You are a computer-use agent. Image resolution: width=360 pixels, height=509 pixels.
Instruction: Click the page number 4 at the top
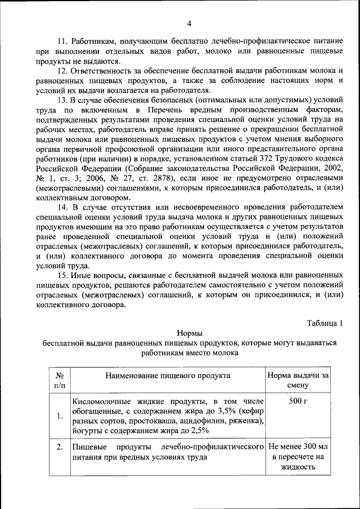click(189, 23)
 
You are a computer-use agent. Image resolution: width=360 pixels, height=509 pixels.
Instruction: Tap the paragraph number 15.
click(63, 275)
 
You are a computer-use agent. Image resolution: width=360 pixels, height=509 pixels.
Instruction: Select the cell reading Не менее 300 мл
click(298, 447)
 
